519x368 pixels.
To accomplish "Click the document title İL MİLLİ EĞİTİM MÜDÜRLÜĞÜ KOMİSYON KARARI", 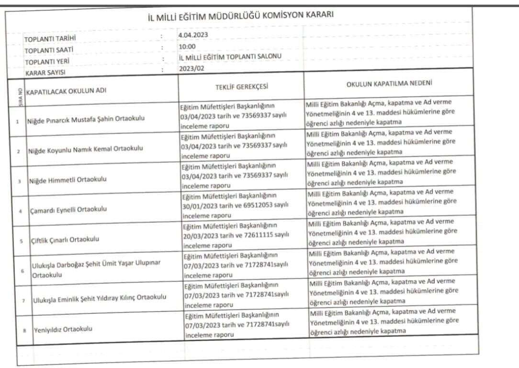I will point(241,16).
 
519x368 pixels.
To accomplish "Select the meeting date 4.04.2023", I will point(192,35).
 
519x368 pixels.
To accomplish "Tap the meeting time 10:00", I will point(187,46).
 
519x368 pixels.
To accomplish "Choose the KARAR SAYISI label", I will point(45,72).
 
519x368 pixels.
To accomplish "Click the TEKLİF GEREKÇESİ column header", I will point(241,86).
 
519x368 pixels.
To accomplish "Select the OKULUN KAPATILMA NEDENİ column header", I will point(390,84).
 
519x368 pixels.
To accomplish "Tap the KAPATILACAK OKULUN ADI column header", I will point(66,91).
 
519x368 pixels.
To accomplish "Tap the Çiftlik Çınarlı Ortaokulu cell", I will point(65,239).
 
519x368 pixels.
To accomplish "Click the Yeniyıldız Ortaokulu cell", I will point(62,329).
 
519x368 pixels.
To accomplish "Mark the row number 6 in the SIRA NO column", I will point(22,270).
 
